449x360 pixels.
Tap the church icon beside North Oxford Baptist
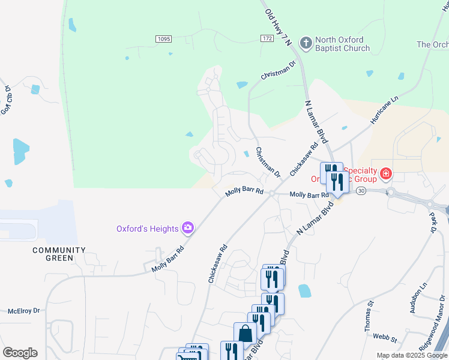point(306,43)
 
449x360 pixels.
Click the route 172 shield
point(267,38)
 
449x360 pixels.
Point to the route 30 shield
point(360,190)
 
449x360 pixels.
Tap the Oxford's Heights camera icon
point(188,228)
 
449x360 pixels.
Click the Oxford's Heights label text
point(148,229)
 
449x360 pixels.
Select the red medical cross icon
point(385,175)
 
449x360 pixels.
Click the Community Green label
point(59,254)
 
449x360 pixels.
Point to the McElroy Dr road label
point(23,311)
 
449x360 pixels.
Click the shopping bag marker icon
point(245,334)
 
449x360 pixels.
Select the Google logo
point(20,353)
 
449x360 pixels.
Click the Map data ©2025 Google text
point(411,355)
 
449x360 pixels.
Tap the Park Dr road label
point(432,221)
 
